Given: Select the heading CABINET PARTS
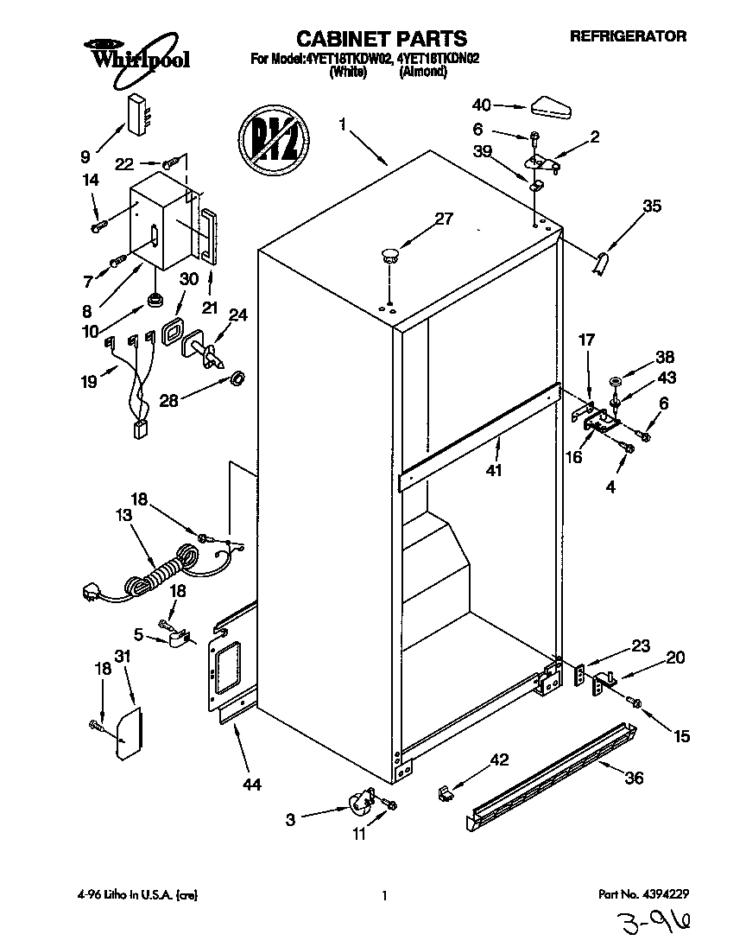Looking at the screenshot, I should [381, 39].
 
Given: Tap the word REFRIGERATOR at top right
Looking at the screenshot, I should [628, 36].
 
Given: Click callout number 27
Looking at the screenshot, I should [442, 219].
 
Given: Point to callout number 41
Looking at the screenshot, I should [493, 470].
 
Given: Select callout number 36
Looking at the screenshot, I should [634, 778].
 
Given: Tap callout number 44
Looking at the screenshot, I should [251, 785].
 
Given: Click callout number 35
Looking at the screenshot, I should [652, 206].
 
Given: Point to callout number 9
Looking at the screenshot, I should [85, 156].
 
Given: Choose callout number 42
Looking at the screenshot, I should [499, 760].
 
